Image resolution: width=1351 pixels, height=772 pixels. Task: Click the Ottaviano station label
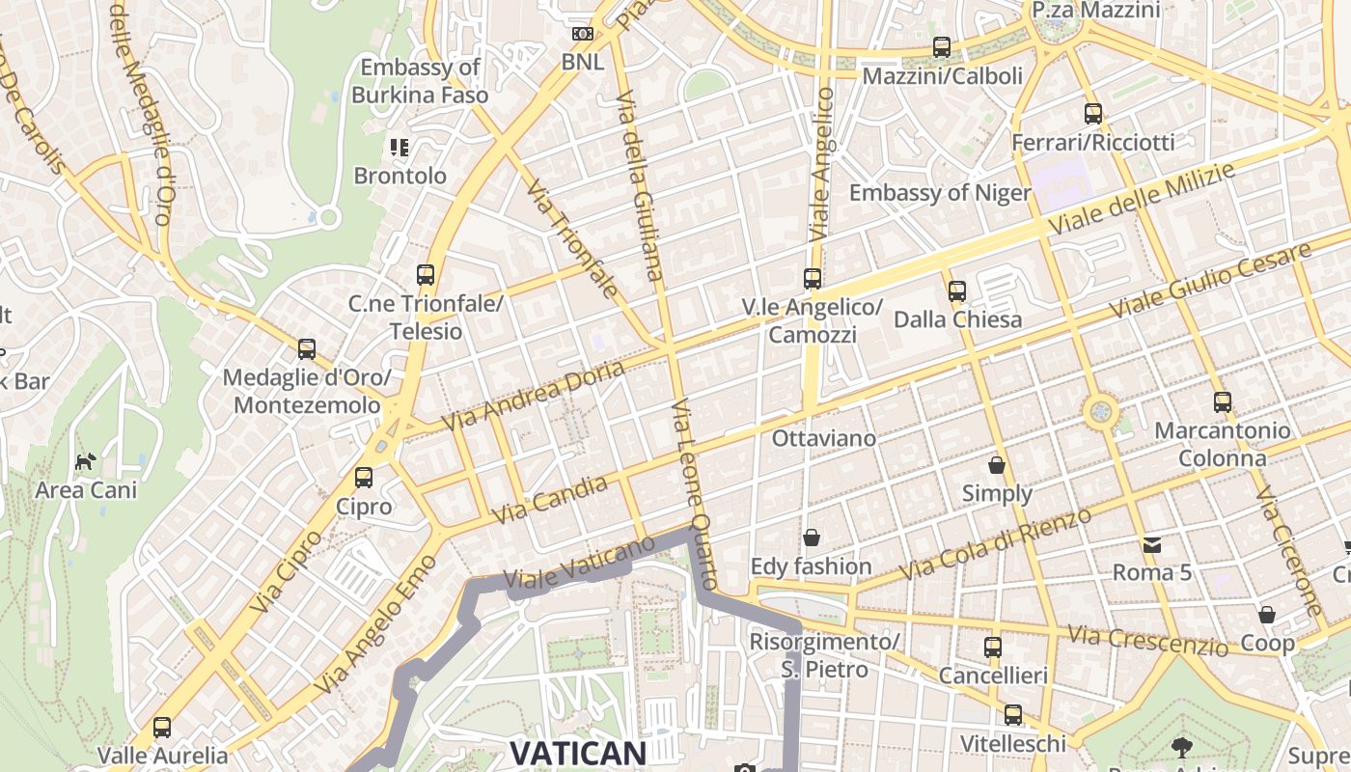click(824, 439)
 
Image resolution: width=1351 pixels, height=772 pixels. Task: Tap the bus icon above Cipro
click(364, 478)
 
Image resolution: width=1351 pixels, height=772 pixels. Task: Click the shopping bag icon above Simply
click(997, 466)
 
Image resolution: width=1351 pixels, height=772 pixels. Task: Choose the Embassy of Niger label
click(940, 193)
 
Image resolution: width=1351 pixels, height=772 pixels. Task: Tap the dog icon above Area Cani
click(86, 462)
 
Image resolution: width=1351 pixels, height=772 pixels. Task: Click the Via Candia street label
click(550, 500)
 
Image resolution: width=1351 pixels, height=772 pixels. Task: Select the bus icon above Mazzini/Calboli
click(942, 47)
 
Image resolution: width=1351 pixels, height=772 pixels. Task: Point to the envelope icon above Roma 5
click(1151, 545)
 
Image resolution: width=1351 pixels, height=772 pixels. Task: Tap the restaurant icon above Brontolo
click(400, 148)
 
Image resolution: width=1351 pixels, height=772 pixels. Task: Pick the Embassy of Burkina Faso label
click(420, 81)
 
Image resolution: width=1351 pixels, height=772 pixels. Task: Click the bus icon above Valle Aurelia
click(162, 728)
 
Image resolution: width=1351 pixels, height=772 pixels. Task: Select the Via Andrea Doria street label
click(533, 397)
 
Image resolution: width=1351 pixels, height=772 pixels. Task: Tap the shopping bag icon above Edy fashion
click(812, 538)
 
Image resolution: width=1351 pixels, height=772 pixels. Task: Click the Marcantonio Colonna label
click(1223, 444)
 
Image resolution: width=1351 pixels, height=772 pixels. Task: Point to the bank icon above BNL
click(582, 34)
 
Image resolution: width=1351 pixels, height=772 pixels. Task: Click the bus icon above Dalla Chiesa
click(957, 290)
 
